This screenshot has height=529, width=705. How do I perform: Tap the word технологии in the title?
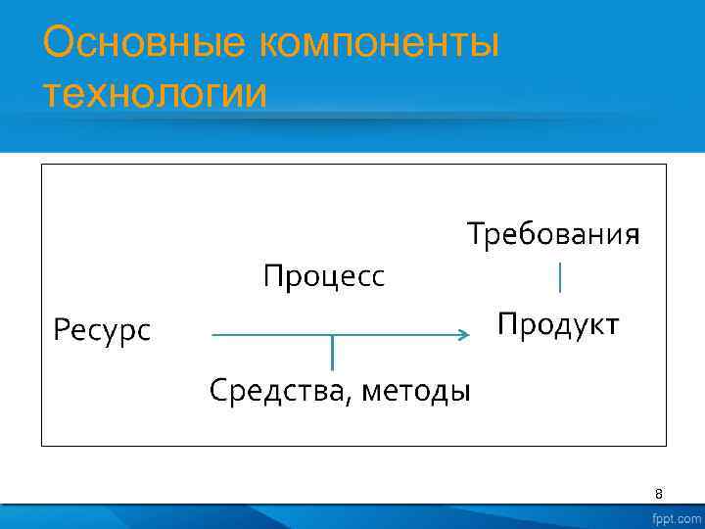[155, 96]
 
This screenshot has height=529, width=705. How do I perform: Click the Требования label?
[553, 235]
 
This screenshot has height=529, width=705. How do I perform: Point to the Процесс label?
[324, 277]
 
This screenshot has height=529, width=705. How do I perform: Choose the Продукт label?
[558, 323]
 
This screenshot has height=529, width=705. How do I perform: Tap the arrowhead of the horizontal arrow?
[464, 335]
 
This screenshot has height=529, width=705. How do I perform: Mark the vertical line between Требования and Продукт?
[559, 277]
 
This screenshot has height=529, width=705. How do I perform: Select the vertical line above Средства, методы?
[332, 353]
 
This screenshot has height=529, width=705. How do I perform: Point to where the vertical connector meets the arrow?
[332, 336]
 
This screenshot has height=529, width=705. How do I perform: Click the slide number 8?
[659, 494]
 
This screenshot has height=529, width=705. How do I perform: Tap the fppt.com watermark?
[677, 517]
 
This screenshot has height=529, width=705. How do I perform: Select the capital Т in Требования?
[475, 235]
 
